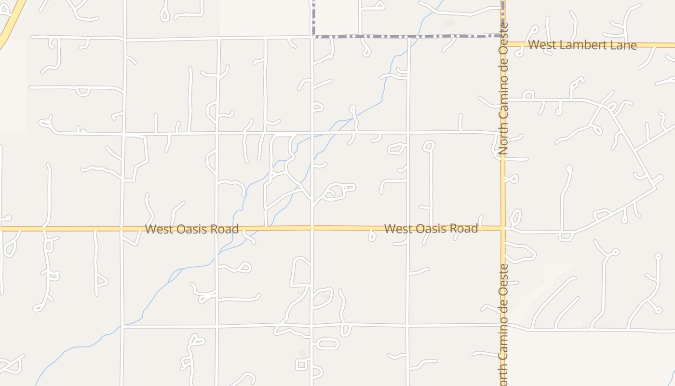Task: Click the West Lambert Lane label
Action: (x=582, y=45)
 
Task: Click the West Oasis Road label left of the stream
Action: (x=192, y=229)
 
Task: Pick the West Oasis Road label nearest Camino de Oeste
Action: (x=431, y=228)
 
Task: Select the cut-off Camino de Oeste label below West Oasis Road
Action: (x=503, y=324)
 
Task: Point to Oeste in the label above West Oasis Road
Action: (x=503, y=39)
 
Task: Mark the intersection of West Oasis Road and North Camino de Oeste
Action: (x=503, y=228)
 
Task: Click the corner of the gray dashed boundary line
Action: (x=313, y=36)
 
